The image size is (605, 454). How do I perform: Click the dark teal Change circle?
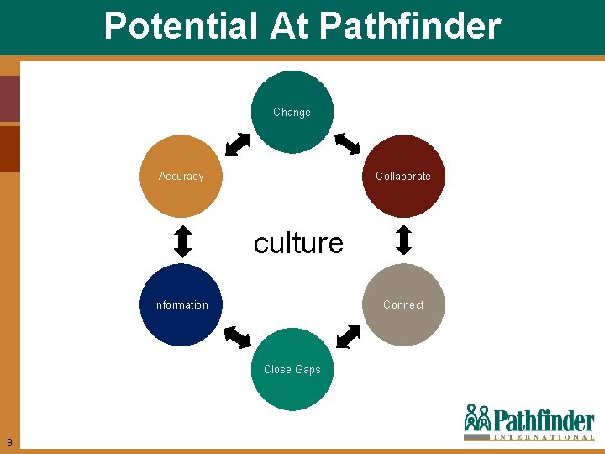(x=292, y=112)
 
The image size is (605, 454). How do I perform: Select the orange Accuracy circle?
(x=181, y=177)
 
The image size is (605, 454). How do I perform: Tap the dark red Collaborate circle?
(x=403, y=177)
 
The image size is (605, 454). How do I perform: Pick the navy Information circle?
(x=181, y=304)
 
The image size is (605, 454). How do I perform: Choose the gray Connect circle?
(x=403, y=304)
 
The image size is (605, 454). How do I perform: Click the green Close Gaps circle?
(x=292, y=369)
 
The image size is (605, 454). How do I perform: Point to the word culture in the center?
(x=298, y=243)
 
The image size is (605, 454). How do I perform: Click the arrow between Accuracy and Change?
(x=239, y=145)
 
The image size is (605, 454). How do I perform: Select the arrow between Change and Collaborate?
(x=347, y=144)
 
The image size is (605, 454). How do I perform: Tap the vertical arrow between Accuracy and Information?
(x=182, y=240)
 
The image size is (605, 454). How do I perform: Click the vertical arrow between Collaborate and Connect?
(x=403, y=240)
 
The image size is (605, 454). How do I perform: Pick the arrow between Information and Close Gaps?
(x=238, y=336)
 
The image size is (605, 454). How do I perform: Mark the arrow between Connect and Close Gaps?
(x=348, y=336)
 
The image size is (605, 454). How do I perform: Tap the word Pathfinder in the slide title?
(x=410, y=27)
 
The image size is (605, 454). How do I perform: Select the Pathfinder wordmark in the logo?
(x=544, y=420)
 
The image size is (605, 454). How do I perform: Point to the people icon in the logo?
(x=476, y=418)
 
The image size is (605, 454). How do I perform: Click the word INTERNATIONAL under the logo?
(x=544, y=437)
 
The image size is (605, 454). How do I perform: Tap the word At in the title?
(x=291, y=27)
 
